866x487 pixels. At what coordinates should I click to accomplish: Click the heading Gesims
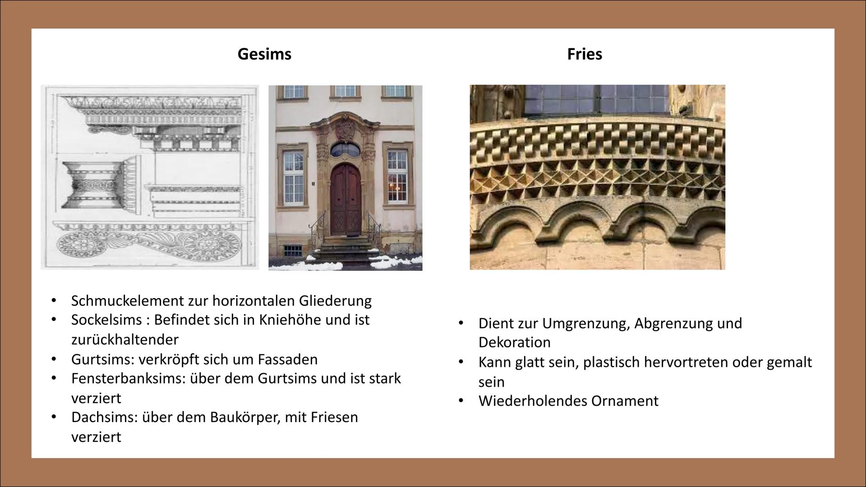[264, 54]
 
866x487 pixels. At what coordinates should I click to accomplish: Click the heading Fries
[585, 54]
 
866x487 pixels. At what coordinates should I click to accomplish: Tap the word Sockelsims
[106, 320]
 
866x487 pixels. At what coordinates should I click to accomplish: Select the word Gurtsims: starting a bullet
[103, 359]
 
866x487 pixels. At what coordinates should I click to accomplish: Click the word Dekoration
[515, 342]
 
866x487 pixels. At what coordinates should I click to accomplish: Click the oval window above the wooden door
[345, 149]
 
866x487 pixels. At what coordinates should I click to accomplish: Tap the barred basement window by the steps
[293, 251]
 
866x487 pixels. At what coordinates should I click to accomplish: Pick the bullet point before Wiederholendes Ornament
[461, 400]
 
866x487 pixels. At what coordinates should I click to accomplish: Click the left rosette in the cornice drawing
[83, 244]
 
